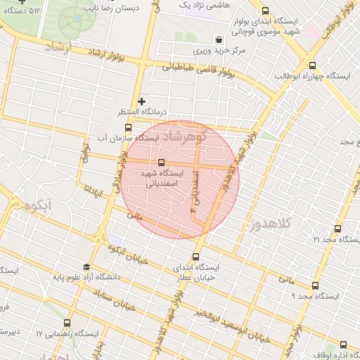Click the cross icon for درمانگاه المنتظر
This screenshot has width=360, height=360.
[x=142, y=102]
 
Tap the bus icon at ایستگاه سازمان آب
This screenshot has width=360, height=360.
[x=128, y=128]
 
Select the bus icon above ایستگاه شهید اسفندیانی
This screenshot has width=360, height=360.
[x=162, y=162]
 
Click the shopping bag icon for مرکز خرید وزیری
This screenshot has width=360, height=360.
[x=221, y=40]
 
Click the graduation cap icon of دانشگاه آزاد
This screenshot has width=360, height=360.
[x=86, y=267]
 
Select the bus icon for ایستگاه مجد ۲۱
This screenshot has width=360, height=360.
[x=338, y=229]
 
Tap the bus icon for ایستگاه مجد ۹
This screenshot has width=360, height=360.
[x=314, y=285]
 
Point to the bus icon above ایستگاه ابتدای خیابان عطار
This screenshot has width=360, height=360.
[x=195, y=257]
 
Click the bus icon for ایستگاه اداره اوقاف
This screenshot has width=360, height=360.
[x=344, y=345]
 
